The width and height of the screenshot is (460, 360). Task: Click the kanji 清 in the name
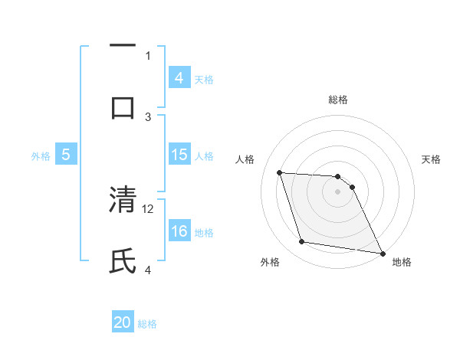(123, 200)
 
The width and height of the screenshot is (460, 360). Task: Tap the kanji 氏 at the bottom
(123, 260)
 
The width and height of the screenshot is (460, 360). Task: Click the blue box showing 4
(179, 78)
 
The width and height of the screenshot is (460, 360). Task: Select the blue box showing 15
(179, 155)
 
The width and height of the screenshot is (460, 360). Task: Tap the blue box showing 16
(179, 232)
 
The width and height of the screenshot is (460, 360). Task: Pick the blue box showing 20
(123, 322)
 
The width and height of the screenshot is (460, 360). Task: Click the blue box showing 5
(66, 155)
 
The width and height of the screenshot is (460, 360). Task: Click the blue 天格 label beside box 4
(204, 79)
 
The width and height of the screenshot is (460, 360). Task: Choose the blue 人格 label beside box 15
(204, 156)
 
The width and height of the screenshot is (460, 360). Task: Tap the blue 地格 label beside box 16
(204, 233)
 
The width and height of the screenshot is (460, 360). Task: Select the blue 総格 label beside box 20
(148, 323)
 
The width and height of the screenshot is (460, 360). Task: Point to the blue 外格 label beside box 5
(41, 156)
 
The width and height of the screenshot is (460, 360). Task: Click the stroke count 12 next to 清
(149, 208)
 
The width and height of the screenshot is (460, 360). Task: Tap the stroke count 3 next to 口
(149, 116)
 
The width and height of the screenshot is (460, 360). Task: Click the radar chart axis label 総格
(338, 100)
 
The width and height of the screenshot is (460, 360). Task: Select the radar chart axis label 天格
(432, 159)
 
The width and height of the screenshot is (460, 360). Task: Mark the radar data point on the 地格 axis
(382, 252)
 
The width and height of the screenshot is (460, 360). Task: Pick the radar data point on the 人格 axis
(279, 172)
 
